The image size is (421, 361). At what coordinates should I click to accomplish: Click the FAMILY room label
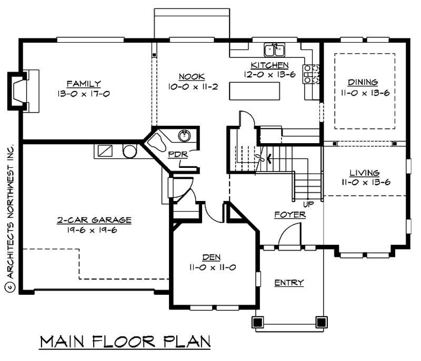(84, 84)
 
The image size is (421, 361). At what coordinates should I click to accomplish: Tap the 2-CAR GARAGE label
(94, 220)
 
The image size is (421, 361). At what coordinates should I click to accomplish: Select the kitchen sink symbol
(274, 49)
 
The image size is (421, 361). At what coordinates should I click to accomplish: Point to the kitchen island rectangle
(254, 91)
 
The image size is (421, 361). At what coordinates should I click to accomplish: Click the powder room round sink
(184, 136)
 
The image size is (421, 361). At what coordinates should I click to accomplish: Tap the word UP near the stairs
(308, 203)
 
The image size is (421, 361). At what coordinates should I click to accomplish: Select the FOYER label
(290, 215)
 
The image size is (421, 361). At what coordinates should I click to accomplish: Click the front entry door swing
(289, 235)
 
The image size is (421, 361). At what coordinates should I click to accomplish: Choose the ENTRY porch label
(289, 283)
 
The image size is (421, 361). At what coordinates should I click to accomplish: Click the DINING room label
(363, 82)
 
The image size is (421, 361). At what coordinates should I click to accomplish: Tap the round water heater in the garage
(129, 151)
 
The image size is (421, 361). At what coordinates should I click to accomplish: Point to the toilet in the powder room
(156, 142)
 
